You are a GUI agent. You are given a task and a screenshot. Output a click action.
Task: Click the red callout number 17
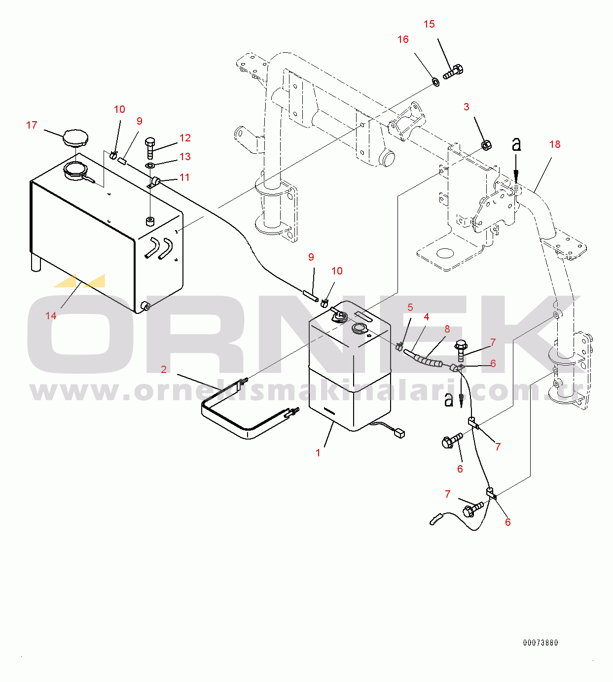click(x=32, y=125)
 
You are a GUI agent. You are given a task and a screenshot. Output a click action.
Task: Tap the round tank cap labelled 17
click(x=75, y=138)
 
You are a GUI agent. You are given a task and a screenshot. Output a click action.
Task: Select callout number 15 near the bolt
click(x=429, y=24)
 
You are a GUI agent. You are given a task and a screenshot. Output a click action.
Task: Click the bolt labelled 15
click(x=453, y=72)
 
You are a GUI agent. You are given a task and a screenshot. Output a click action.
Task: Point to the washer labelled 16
click(x=435, y=82)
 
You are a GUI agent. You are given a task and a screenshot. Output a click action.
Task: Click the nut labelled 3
click(x=486, y=145)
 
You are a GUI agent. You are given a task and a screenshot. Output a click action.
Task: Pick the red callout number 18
click(x=555, y=144)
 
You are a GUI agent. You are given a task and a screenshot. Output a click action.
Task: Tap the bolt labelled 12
click(x=150, y=148)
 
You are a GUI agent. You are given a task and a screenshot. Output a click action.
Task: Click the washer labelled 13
click(x=149, y=165)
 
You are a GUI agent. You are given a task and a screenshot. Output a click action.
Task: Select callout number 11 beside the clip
click(x=184, y=177)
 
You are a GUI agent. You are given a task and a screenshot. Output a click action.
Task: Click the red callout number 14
click(x=51, y=316)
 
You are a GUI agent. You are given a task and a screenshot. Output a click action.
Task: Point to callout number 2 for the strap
click(x=164, y=370)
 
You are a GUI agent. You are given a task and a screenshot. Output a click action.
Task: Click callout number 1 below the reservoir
click(x=318, y=453)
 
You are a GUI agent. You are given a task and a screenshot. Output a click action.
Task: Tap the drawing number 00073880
click(x=541, y=643)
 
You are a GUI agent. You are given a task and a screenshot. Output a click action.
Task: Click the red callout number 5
click(x=410, y=307)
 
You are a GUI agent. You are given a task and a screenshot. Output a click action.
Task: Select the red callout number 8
click(x=447, y=329)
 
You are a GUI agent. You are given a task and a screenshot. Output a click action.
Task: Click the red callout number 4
click(x=426, y=317)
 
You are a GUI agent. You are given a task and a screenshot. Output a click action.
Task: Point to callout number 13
click(x=185, y=157)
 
